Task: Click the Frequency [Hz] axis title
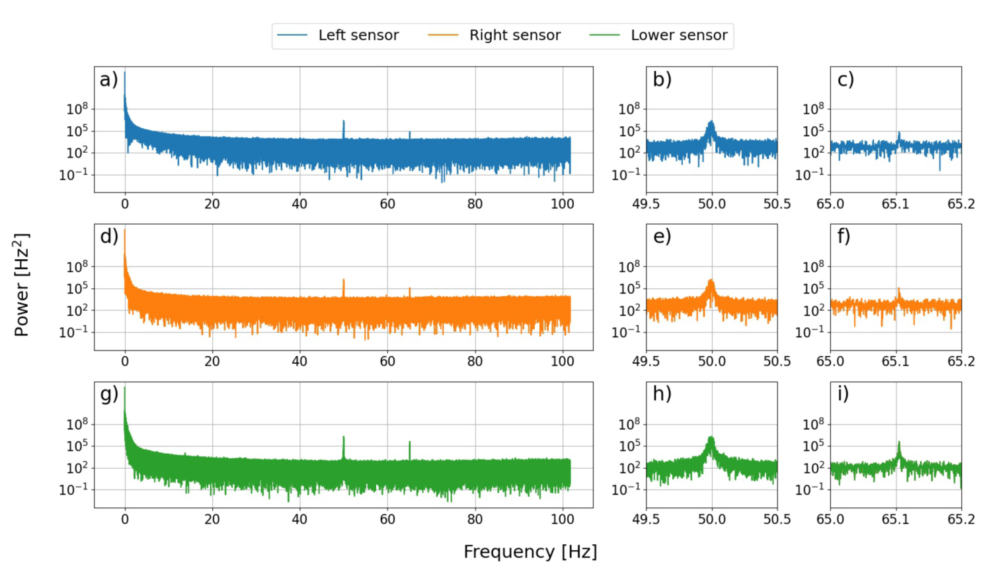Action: point(530,552)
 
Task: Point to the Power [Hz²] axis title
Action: point(22,284)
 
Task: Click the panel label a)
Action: point(108,80)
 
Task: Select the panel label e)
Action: point(662,237)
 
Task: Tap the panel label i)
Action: point(843,394)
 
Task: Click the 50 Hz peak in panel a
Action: point(344,123)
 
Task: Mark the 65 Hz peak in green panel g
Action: point(410,444)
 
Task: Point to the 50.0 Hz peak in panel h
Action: point(711,438)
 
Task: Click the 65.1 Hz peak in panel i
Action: point(899,444)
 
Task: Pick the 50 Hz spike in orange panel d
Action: point(344,282)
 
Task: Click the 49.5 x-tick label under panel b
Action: point(646,204)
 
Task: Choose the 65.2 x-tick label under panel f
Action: point(961,362)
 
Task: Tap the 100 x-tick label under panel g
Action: point(562,519)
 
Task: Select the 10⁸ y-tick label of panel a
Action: point(77,109)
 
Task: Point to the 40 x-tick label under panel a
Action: point(299,204)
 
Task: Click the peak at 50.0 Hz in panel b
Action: point(711,123)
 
